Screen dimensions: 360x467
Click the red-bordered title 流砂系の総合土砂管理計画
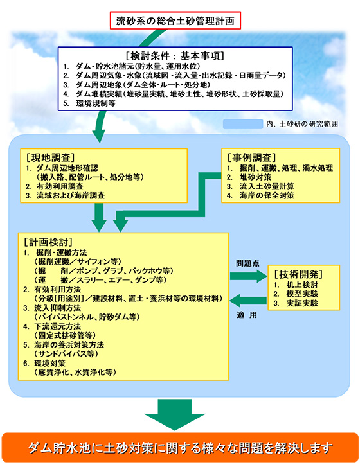175,21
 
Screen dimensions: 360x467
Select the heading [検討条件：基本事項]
175,56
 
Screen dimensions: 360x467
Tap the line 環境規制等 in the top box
96,103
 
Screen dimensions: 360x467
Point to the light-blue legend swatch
243,124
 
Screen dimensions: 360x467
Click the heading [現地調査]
50,157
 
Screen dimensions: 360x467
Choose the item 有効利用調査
60,186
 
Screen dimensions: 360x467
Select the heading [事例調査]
251,157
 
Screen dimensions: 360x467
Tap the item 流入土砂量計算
267,186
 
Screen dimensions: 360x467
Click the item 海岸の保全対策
267,196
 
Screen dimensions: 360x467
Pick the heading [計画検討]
48,242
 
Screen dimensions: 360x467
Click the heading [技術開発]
298,274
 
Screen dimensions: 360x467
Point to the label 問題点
248,263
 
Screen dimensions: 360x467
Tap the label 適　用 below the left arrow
247,315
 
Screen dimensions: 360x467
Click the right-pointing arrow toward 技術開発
249,276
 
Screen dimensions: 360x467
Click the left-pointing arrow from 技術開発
248,301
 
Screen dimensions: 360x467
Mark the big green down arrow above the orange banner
175,414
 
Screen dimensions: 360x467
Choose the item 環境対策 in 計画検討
50,364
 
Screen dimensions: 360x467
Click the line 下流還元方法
57,326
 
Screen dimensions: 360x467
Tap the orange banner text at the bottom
180,448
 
